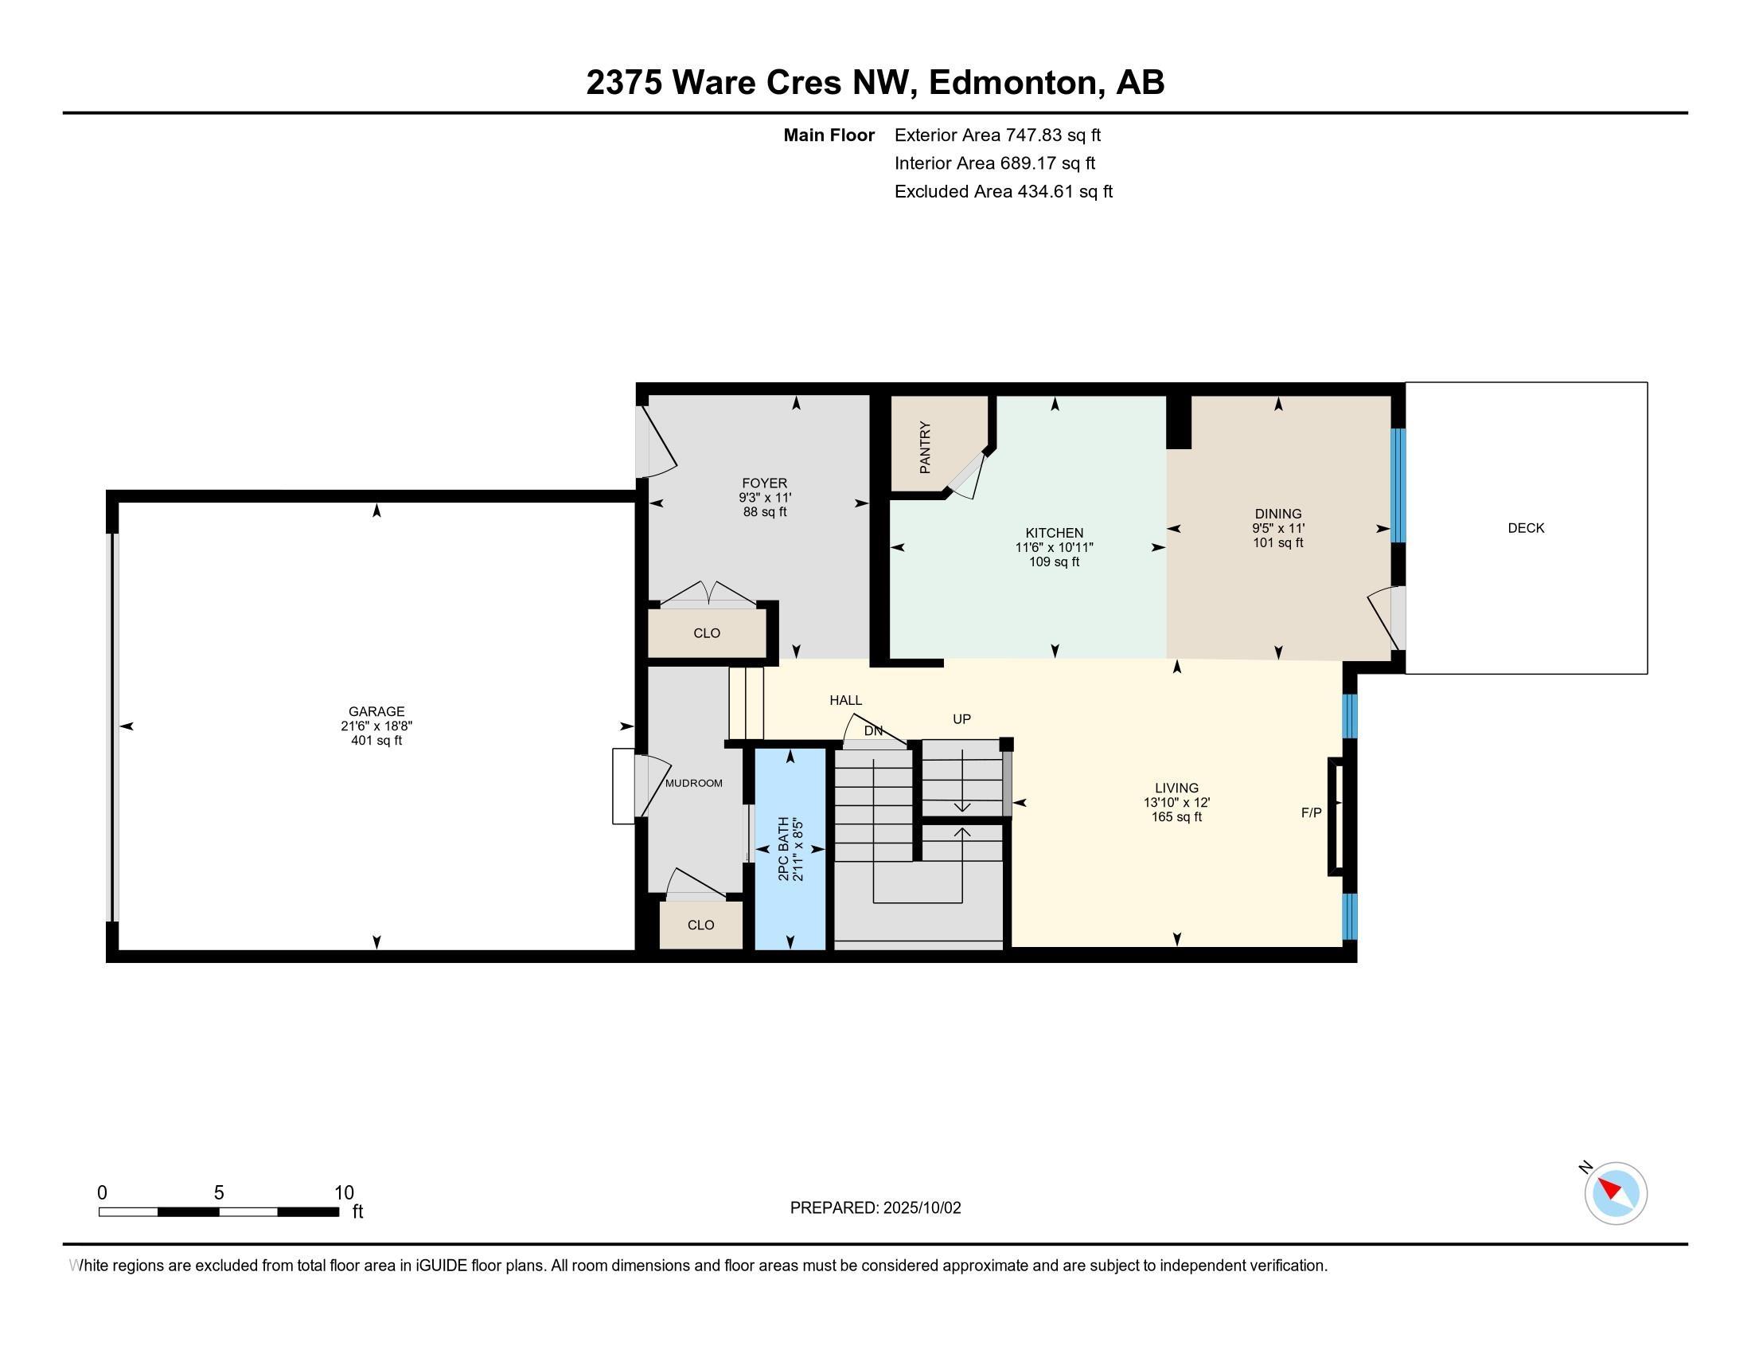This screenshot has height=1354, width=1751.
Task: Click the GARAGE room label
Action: point(376,711)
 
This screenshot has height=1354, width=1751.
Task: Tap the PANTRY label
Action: point(925,447)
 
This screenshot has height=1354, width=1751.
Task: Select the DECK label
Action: point(1526,528)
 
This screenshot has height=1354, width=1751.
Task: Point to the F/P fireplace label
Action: point(1312,812)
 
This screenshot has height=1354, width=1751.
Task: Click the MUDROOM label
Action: point(693,783)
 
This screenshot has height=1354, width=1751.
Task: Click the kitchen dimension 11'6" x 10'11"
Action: point(1055,547)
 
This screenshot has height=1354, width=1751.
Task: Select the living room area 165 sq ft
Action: point(1177,816)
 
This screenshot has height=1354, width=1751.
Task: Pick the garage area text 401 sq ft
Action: point(376,741)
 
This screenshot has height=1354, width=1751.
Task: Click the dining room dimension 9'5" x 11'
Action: point(1278,529)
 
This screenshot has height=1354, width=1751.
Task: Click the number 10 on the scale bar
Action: point(344,1193)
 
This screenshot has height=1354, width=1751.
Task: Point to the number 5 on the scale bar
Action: point(219,1193)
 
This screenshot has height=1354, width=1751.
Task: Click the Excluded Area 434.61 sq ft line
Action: point(1004,192)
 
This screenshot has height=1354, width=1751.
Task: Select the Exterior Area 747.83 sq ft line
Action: point(997,135)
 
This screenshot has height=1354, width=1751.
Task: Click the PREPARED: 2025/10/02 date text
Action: point(875,1208)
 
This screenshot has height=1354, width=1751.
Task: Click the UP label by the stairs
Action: point(962,718)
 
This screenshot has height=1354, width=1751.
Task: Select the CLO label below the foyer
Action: point(706,633)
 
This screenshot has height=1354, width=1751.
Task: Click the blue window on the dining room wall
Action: point(1398,486)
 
